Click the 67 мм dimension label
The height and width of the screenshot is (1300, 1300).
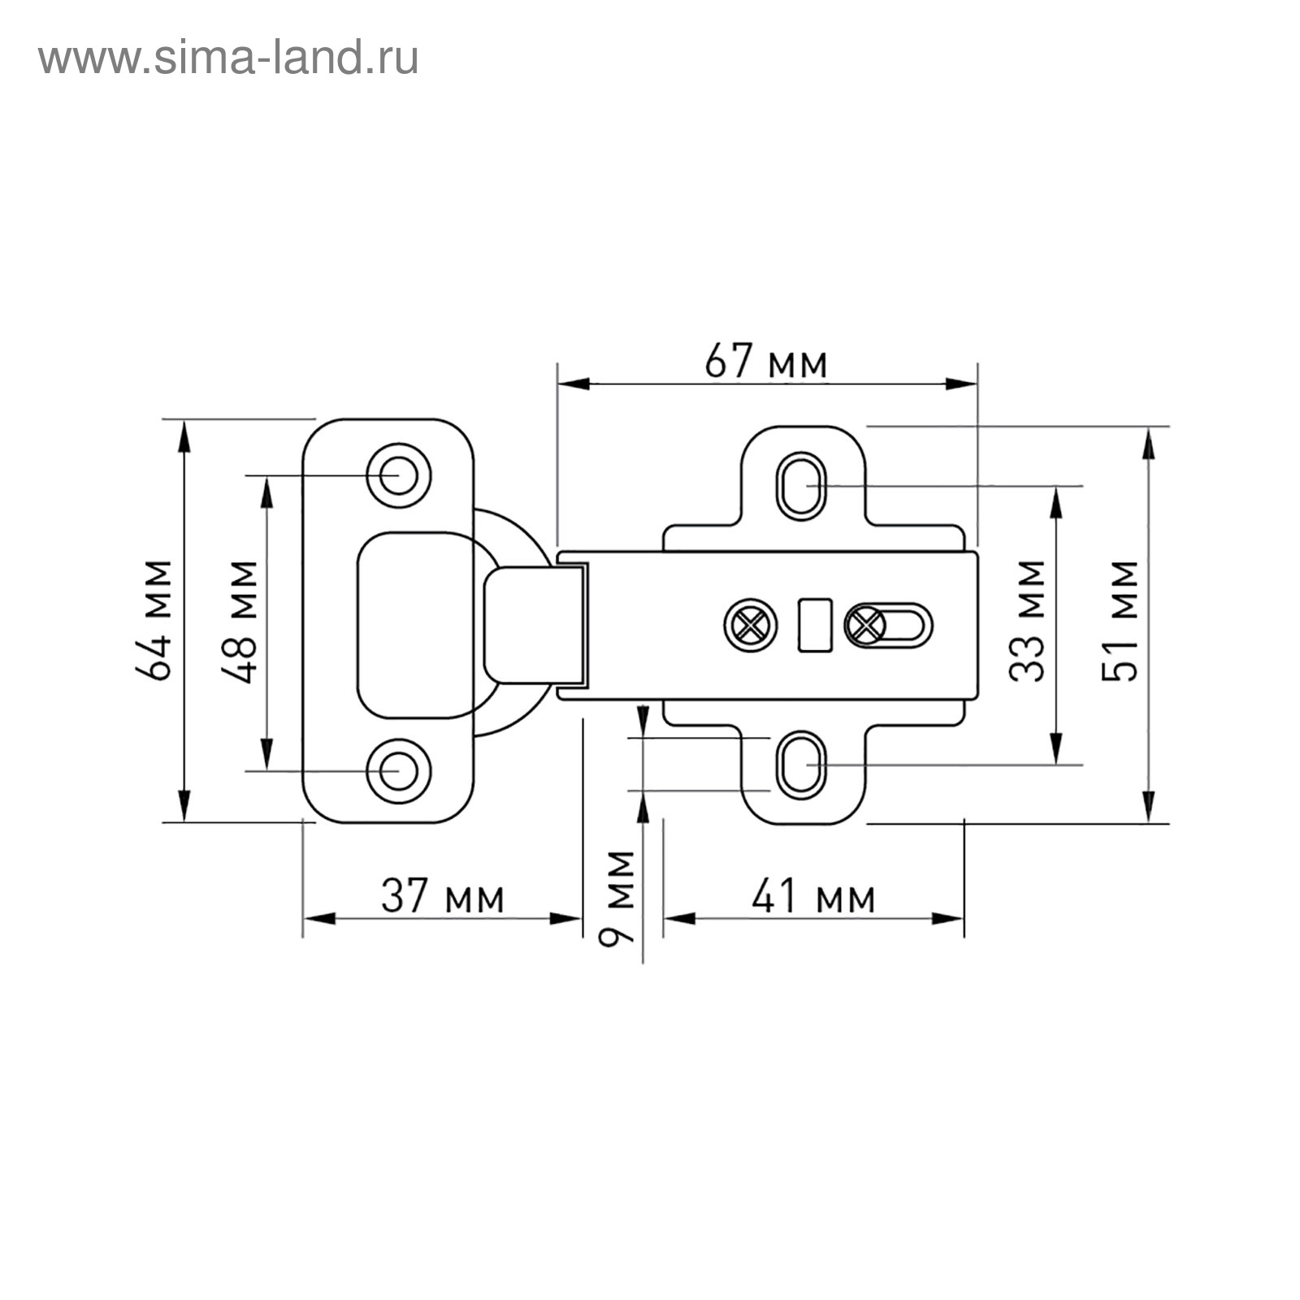coord(765,362)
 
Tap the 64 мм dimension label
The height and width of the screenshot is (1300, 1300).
coord(154,620)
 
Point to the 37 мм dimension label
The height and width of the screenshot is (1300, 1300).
coord(443,897)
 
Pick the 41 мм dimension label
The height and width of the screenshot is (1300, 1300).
coord(813,897)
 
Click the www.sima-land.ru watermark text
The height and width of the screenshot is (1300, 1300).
coord(228,58)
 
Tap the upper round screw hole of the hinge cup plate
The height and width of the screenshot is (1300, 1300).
coord(398,475)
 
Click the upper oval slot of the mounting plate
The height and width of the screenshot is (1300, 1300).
coord(801,486)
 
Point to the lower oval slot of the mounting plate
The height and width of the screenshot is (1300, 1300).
coord(801,765)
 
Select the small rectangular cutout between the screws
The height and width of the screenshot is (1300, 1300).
coord(815,625)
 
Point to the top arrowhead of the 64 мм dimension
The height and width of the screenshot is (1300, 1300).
coord(184,435)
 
